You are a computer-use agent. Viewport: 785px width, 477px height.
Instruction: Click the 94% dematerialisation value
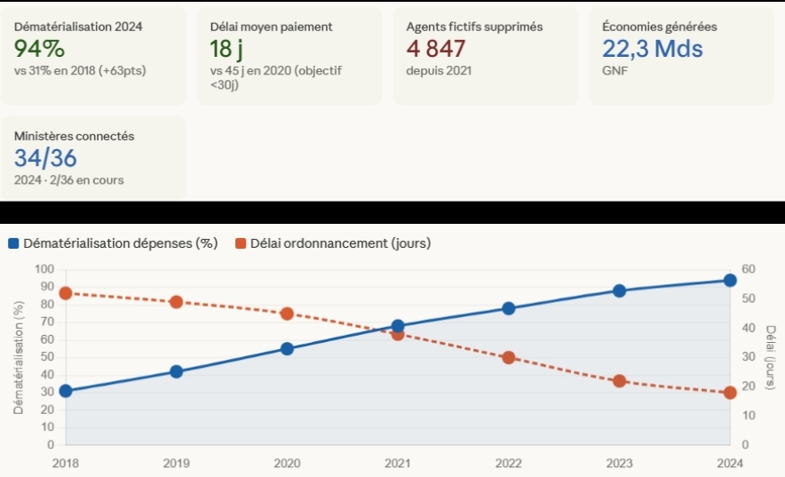coord(40,49)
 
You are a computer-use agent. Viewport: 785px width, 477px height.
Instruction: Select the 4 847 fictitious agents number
coord(436,49)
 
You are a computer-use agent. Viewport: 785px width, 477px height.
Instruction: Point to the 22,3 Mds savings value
coord(652,49)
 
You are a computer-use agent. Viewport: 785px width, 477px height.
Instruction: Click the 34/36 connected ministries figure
coord(45,158)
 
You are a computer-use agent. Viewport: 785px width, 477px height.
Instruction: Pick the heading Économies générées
coord(659,27)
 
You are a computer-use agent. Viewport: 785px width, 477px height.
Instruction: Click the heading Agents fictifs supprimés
coord(474,27)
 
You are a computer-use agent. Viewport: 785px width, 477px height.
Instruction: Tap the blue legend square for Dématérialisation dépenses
coord(13,243)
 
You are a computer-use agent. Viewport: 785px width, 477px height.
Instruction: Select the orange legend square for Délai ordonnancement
coord(241,243)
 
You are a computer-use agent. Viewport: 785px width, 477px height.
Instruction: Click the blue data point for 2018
coord(65,391)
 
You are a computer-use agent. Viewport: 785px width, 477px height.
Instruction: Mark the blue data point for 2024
coord(730,281)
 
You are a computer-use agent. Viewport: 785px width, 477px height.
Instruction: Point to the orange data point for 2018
coord(65,293)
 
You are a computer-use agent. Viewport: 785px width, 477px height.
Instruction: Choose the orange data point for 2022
coord(508,358)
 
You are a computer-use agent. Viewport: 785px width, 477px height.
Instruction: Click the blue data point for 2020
coord(287,349)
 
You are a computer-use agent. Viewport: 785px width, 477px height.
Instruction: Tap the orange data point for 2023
coord(619,381)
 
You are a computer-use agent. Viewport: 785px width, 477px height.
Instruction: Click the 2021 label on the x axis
coord(398,463)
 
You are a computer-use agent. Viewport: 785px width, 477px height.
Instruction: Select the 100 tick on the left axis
coord(44,269)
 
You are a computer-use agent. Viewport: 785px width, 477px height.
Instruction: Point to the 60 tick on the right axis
coord(747,269)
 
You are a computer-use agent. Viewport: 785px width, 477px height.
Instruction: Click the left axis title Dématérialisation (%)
coord(18,357)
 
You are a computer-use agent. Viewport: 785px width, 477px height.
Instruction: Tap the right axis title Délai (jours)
coord(769,357)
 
